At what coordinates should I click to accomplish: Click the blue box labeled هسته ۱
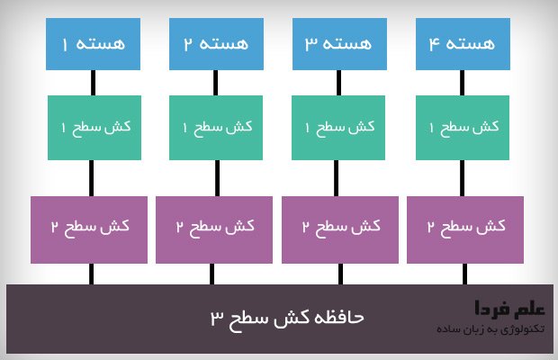tap(93, 44)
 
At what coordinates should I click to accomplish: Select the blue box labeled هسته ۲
tap(216, 44)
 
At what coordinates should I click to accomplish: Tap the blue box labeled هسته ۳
tap(339, 44)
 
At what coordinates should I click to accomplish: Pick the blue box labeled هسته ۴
tap(463, 44)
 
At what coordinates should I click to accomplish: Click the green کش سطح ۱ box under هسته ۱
tap(94, 128)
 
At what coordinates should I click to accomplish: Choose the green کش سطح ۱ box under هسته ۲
tap(216, 128)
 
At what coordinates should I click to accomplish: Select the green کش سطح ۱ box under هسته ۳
tap(338, 128)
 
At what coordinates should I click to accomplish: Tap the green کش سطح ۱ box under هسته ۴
tap(463, 128)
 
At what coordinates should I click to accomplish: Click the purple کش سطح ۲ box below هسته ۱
tap(89, 229)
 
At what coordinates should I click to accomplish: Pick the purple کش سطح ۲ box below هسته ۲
tap(214, 229)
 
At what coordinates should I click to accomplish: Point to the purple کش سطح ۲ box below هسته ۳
tap(340, 229)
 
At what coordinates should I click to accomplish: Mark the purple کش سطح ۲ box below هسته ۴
tap(465, 229)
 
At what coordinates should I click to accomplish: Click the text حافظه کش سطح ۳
tap(287, 318)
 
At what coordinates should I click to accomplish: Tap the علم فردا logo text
tap(509, 308)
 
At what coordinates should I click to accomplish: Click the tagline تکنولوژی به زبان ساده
tap(490, 329)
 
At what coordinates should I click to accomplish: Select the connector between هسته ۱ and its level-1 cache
tap(94, 83)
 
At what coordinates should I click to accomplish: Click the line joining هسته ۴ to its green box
tap(462, 83)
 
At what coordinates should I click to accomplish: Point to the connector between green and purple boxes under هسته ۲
tap(218, 178)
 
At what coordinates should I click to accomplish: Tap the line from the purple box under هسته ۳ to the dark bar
tap(340, 274)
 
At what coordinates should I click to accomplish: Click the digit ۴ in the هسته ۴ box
tap(434, 44)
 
